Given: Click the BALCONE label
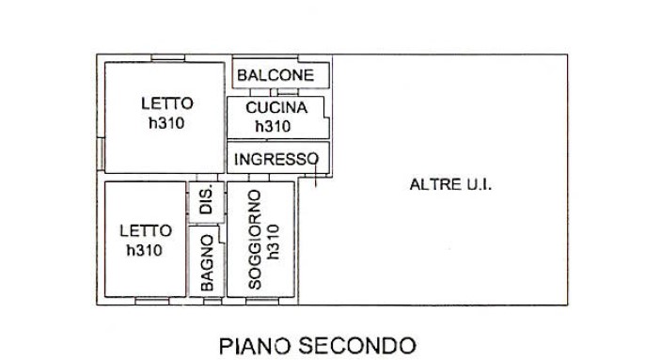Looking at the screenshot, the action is [x=275, y=75].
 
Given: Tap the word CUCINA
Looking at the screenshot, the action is [x=276, y=108].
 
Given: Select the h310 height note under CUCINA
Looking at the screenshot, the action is [x=274, y=126].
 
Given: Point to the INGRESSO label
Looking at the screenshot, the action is [x=276, y=160].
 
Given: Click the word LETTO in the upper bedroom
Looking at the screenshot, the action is [x=167, y=103].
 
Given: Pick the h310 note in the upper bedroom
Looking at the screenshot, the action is [x=166, y=123].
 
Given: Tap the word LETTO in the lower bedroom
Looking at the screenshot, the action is [x=146, y=230].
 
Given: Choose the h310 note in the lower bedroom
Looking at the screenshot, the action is [x=145, y=250].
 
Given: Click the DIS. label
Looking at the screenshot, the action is [x=206, y=201].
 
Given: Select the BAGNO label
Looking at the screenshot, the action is [x=207, y=263].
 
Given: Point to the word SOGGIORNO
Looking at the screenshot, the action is [x=255, y=240].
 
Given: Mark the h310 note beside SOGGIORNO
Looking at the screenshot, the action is [x=274, y=242].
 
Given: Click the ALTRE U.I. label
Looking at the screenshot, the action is [x=450, y=184].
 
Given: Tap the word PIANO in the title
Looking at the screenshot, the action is [x=255, y=346].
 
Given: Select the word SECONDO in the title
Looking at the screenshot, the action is [x=357, y=346].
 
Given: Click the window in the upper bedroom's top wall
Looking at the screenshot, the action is [x=168, y=57].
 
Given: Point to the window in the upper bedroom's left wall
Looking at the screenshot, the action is [x=101, y=154].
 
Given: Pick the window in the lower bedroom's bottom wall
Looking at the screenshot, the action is [x=152, y=301].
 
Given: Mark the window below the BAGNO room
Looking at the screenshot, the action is [x=212, y=301].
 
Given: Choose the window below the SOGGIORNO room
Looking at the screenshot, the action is [x=262, y=301].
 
